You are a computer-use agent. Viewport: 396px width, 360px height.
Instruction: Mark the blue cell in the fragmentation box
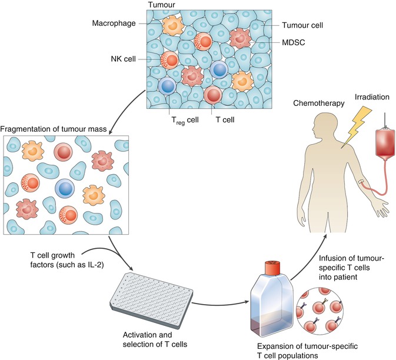(x=66, y=189)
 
